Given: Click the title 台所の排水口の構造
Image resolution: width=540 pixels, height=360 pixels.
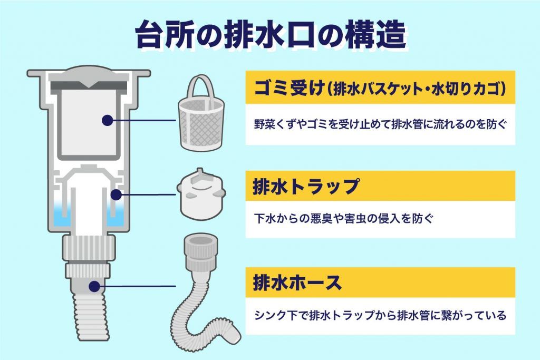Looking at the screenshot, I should point(271,35).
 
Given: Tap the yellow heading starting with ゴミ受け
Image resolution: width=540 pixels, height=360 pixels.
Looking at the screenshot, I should point(380,88).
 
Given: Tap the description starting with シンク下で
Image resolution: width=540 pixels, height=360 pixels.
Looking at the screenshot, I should point(380,316).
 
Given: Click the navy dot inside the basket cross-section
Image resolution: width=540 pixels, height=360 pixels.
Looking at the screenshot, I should point(108,120).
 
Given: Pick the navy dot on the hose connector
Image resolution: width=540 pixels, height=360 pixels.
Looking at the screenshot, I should point(94,286).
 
